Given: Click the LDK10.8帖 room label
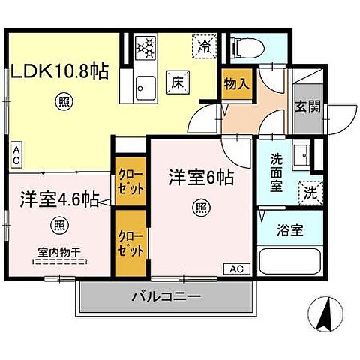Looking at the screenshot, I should click(59, 72).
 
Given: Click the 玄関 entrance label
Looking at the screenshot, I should click(307, 107).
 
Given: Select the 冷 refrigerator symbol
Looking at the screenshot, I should click(203, 45).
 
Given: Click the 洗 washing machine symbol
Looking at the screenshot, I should click(309, 192).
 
